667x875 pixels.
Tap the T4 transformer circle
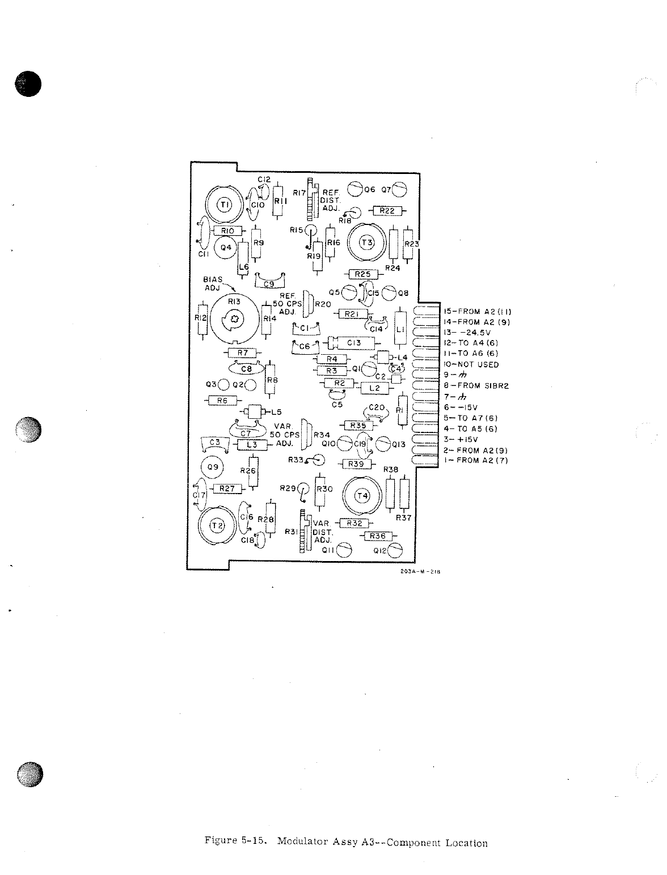(x=362, y=496)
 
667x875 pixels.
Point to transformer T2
(x=217, y=525)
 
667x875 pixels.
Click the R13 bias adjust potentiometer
(x=235, y=321)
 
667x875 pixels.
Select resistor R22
(x=387, y=211)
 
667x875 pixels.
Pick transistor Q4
(x=226, y=247)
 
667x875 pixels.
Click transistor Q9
(x=213, y=468)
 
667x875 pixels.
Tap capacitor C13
(x=354, y=342)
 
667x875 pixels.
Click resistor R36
(x=377, y=536)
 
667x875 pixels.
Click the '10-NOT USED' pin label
(x=471, y=364)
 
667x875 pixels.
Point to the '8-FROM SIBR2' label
(x=476, y=386)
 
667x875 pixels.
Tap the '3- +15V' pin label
(x=461, y=439)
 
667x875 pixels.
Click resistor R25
(x=362, y=274)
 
